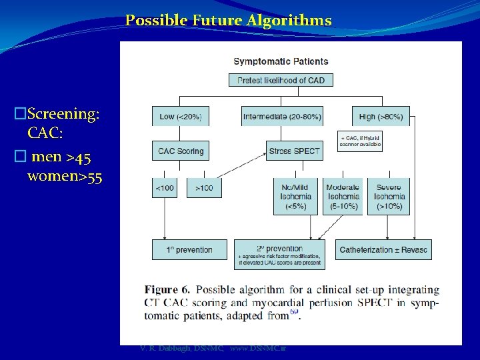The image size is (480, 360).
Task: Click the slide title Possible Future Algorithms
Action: [x=228, y=21]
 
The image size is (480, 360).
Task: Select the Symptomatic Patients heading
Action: [x=281, y=62]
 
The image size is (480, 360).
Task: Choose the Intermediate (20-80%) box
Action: [x=282, y=117]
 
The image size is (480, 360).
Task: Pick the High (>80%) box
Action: [x=381, y=117]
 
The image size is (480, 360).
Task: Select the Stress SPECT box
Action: [x=295, y=151]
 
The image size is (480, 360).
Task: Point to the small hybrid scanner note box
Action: [x=360, y=141]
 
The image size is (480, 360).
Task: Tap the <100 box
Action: [x=165, y=188]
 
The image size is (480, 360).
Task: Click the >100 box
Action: [x=204, y=188]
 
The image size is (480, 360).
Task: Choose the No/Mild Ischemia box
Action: [x=296, y=197]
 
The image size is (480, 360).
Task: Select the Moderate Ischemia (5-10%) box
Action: [x=343, y=197]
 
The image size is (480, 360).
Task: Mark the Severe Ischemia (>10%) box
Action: [x=389, y=197]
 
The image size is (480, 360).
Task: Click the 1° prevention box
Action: [x=190, y=250]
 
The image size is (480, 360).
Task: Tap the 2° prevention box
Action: [x=280, y=254]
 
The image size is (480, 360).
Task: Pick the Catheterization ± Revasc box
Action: [x=383, y=250]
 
